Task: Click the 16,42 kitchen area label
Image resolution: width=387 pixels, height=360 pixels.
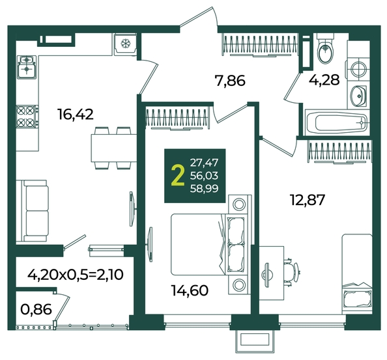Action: coord(76,115)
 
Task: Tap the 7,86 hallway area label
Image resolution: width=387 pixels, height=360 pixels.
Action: coord(230,81)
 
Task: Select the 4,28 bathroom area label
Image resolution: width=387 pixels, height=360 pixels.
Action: coord(324,79)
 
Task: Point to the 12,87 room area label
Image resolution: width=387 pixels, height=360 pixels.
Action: coord(307,199)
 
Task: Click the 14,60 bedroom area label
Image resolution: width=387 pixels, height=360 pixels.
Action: coord(190,290)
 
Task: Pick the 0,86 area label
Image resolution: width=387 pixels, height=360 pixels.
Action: coord(36,309)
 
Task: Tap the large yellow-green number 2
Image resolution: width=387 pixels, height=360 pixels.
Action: coord(178,176)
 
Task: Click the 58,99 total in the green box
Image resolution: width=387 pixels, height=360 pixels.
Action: coord(204,189)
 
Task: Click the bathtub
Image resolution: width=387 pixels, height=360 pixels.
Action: coord(337,122)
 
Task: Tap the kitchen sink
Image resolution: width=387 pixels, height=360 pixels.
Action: coord(27,67)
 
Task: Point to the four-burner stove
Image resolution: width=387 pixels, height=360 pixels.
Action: coord(27,117)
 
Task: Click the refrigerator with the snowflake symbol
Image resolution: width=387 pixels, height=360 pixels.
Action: coord(125,44)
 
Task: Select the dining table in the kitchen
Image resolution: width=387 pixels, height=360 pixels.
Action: coord(114,148)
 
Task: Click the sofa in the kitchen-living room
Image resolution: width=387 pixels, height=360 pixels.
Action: coord(33,210)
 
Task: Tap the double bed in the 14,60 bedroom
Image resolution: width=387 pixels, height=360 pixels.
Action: coord(209,244)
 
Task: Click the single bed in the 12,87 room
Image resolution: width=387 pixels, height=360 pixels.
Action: coord(357,274)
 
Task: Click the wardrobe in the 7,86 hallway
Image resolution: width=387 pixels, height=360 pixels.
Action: coord(260,45)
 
